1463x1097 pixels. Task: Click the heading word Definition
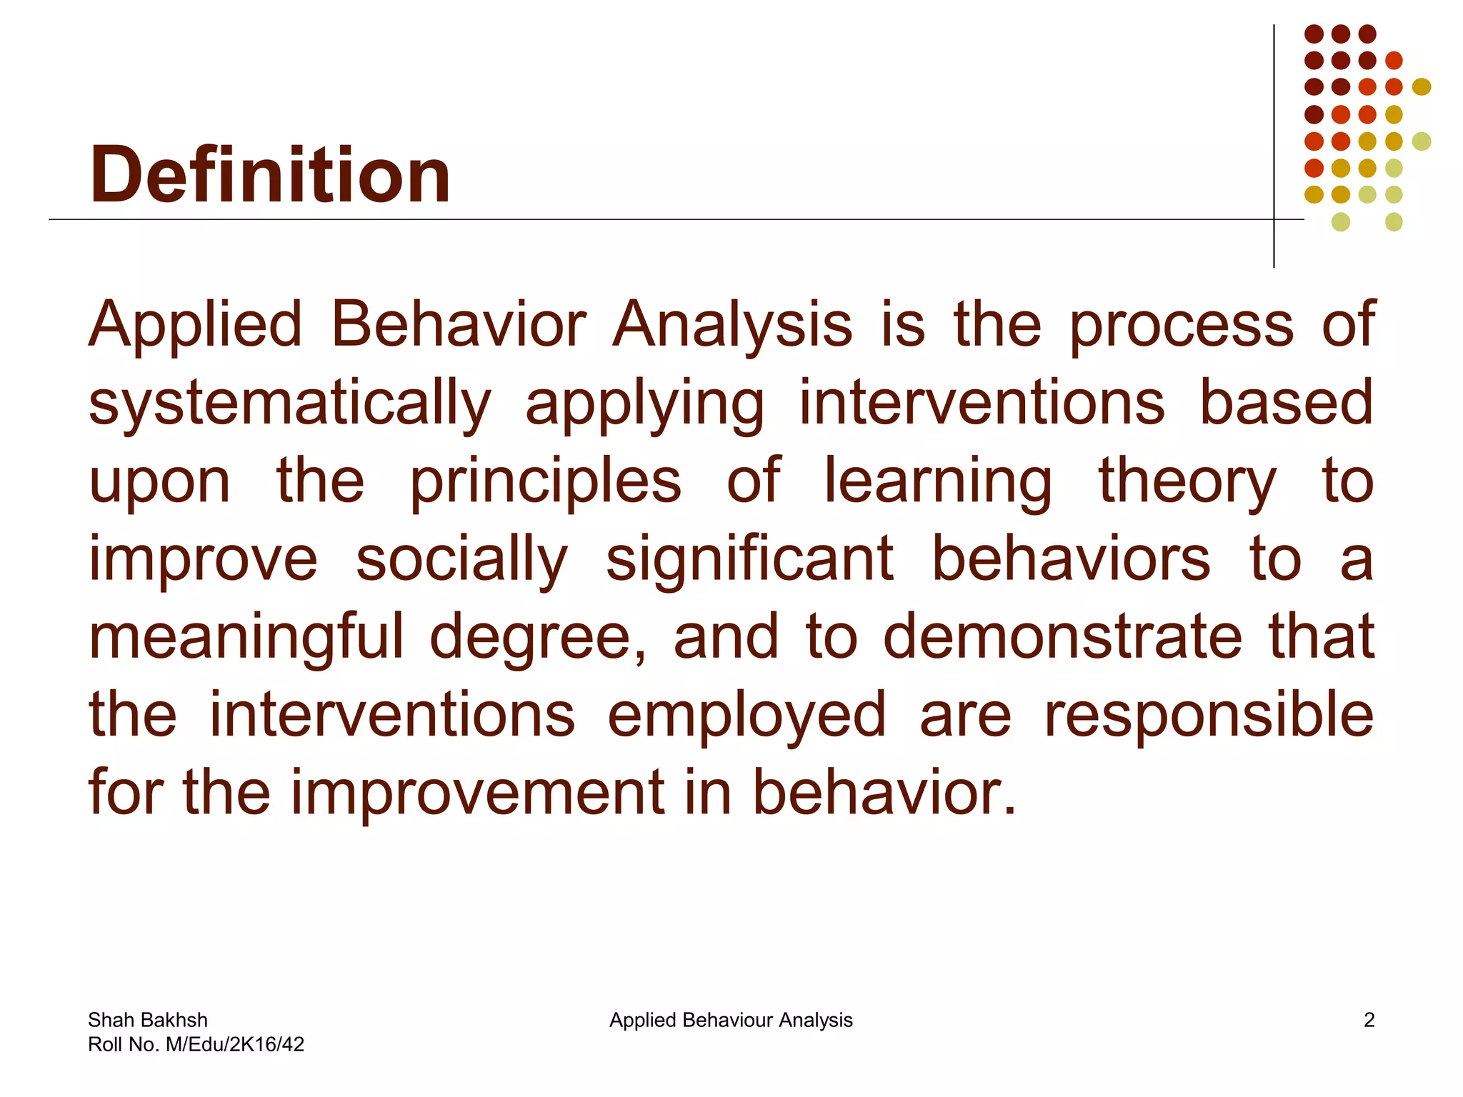269,175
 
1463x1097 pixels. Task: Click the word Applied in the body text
195,325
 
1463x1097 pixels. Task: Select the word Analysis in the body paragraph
732,325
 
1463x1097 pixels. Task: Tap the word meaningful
246,638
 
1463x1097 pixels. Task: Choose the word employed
747,716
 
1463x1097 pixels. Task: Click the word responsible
1209,715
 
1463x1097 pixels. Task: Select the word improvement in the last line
477,793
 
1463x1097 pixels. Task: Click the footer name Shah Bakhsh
148,1020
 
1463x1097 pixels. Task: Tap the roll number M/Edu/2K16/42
234,1044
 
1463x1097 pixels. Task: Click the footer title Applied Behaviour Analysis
731,1020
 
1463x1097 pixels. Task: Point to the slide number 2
1369,1020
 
